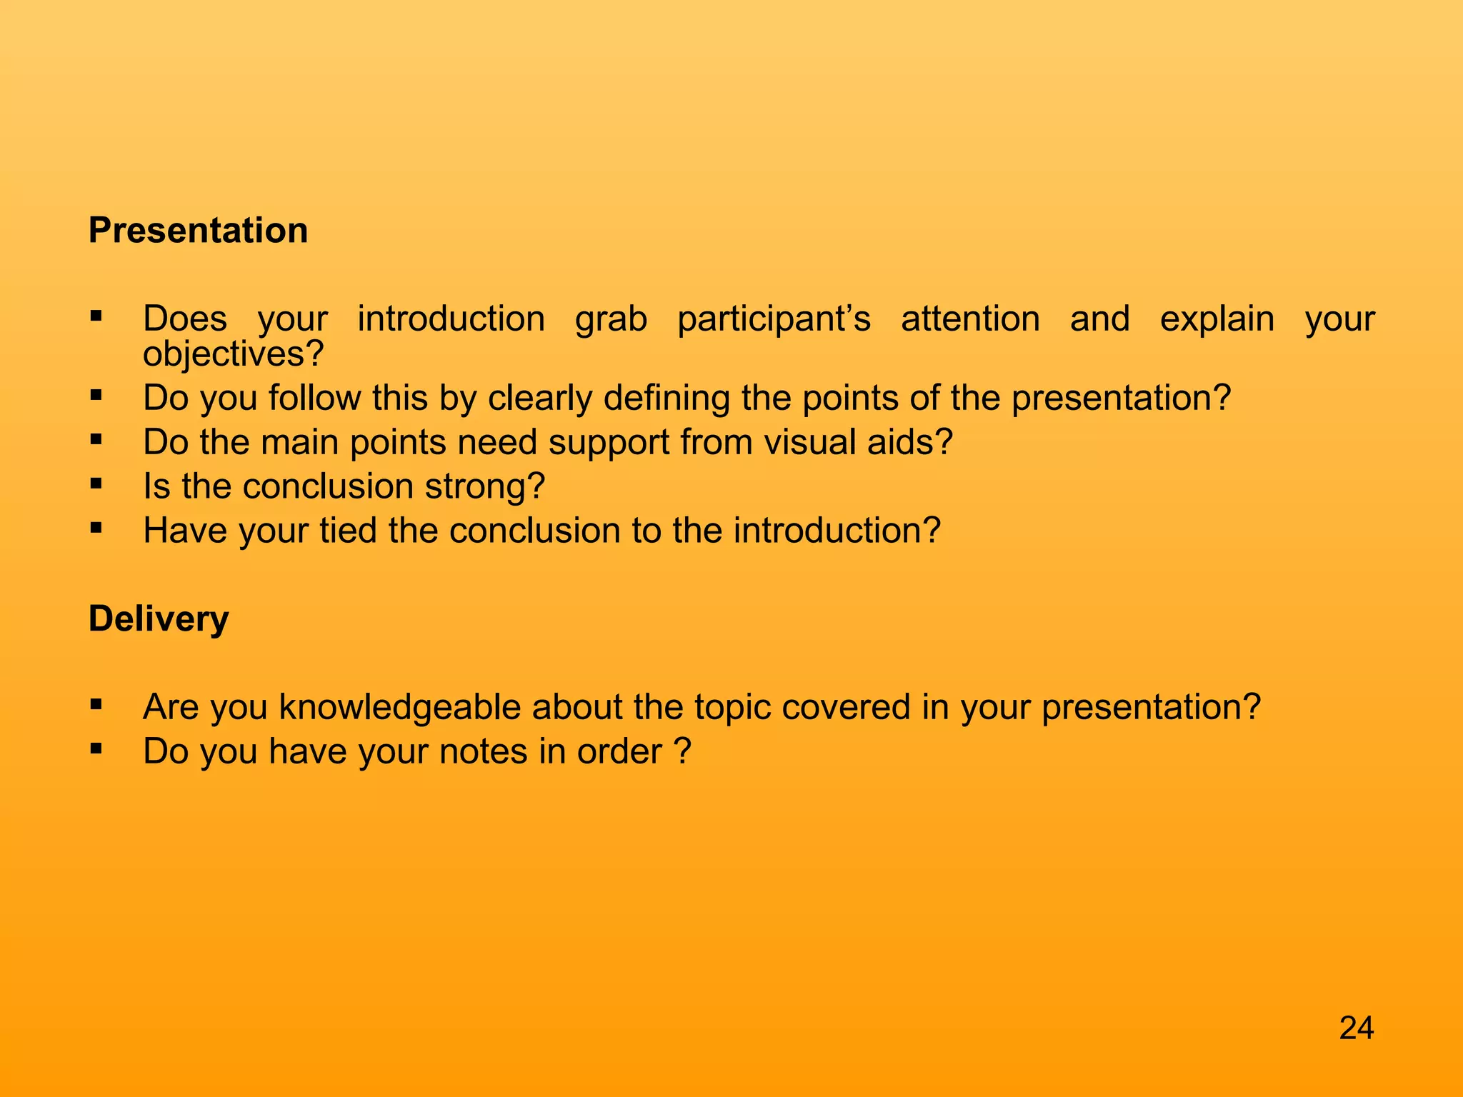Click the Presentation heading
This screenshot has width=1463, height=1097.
click(198, 231)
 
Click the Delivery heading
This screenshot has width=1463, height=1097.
click(158, 619)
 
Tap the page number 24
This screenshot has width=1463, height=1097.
click(1356, 1028)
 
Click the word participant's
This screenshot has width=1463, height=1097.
click(774, 319)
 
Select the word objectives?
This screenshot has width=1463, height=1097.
click(234, 354)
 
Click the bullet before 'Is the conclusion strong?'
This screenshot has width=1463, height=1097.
click(96, 484)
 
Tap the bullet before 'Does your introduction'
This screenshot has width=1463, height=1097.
click(96, 316)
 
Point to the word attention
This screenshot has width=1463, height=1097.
click(970, 319)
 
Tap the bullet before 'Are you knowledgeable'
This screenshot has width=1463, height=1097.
click(96, 705)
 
